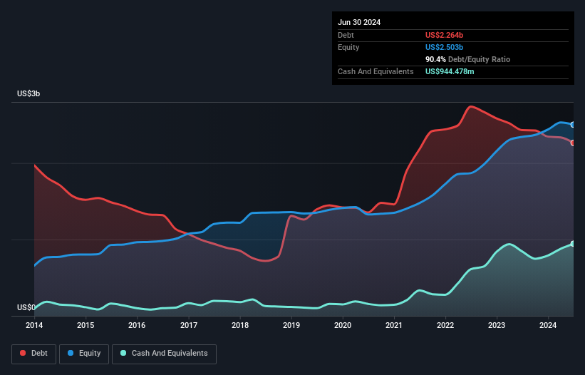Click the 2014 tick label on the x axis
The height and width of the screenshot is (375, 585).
(x=34, y=326)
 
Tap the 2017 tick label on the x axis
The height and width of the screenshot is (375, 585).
(x=189, y=326)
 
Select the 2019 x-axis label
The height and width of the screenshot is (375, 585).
(x=291, y=326)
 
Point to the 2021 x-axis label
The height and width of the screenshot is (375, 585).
(x=394, y=326)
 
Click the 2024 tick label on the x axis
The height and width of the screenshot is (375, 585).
(x=548, y=326)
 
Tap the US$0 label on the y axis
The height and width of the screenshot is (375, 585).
(x=26, y=308)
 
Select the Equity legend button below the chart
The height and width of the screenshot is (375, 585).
(x=84, y=354)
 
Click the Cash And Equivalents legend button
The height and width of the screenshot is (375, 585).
(x=163, y=354)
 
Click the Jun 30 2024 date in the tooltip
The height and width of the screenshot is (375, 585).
(x=359, y=22)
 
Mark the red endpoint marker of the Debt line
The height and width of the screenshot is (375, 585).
(x=573, y=143)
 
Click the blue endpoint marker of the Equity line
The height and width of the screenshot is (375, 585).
(x=573, y=125)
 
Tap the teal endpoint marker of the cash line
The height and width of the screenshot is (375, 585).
(x=573, y=244)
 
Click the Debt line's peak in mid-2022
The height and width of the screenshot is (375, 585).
(x=470, y=107)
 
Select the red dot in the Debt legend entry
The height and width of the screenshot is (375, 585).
(x=23, y=354)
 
